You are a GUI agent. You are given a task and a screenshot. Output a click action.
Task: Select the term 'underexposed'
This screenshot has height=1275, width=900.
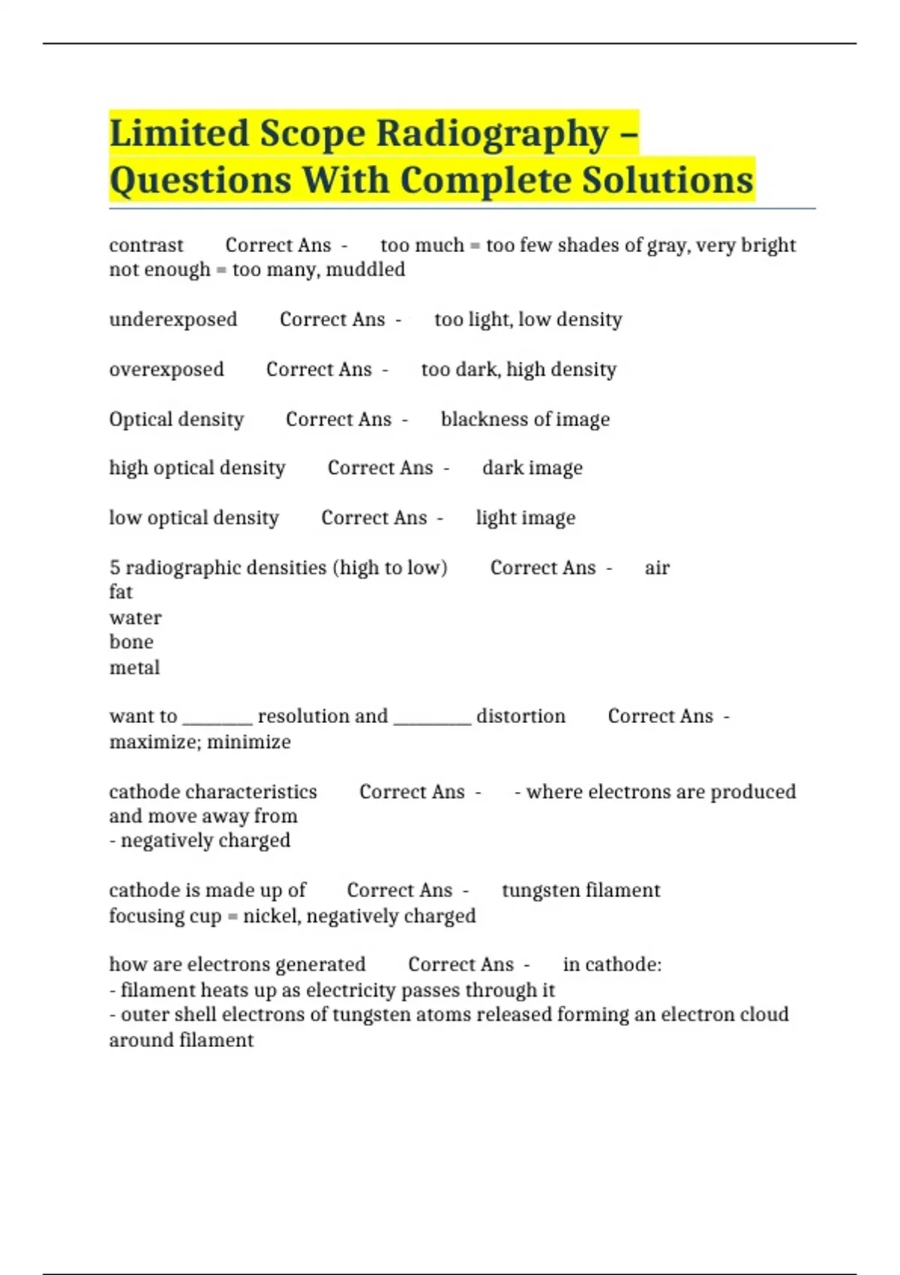(173, 319)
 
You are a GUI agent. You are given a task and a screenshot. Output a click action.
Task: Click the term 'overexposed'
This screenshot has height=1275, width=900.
(166, 369)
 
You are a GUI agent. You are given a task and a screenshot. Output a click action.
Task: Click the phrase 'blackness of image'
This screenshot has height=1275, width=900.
(525, 419)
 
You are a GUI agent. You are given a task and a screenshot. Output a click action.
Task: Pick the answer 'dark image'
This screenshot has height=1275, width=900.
(532, 468)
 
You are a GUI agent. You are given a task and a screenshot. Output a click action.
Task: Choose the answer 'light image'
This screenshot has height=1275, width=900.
(526, 517)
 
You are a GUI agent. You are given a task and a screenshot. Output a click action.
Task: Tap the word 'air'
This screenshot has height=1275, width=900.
(657, 568)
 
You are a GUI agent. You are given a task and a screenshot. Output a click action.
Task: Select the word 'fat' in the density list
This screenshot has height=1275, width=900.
(121, 592)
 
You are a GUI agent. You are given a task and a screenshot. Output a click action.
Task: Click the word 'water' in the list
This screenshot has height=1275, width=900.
(136, 618)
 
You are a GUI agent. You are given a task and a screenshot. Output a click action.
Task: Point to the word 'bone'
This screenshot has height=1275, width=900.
(131, 642)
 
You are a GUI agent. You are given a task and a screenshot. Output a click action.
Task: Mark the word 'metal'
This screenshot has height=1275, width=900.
(135, 667)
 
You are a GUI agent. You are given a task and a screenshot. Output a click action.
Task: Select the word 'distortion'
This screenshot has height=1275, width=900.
(520, 716)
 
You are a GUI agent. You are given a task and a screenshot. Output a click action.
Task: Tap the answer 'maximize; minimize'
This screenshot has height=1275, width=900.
(200, 742)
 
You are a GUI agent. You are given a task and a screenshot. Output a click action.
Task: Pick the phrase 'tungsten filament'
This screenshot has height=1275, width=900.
(581, 890)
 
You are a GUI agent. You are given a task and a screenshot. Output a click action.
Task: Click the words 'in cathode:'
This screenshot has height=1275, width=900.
(612, 964)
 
